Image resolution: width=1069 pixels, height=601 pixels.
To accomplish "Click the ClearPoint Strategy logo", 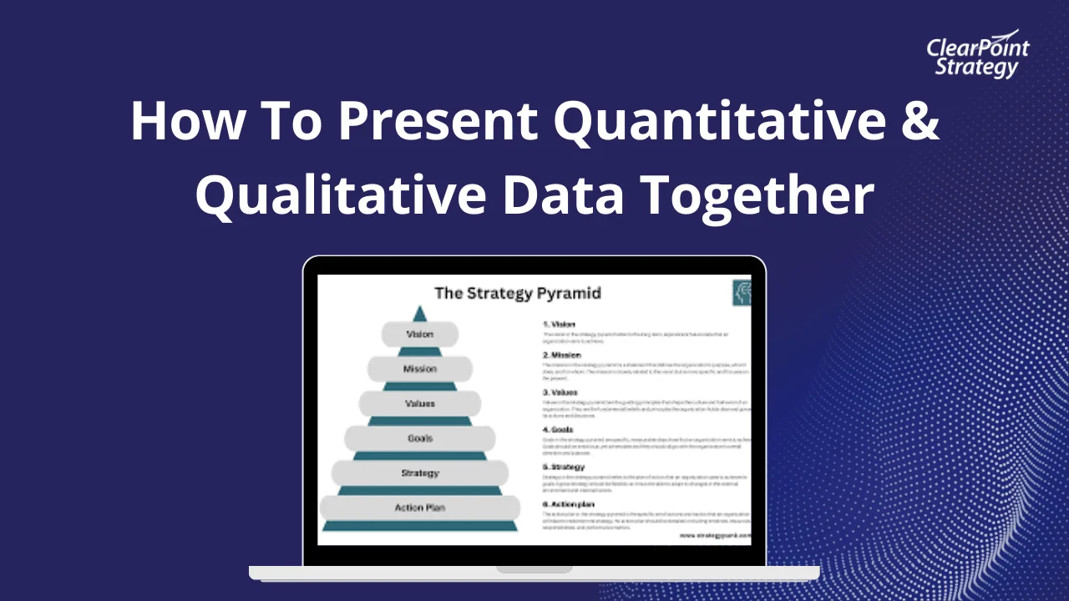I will point(977,56).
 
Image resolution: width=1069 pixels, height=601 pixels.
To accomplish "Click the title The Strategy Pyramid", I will point(518,293).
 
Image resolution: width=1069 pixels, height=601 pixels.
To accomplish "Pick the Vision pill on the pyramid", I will point(419,334).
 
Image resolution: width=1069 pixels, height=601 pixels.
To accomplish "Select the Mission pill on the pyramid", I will point(419,369).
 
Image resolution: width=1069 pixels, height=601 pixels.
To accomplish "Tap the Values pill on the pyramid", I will point(419,404).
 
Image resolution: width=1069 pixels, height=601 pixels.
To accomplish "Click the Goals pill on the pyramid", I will point(419,438).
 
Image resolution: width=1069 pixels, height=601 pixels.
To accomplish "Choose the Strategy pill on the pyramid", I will point(419,473).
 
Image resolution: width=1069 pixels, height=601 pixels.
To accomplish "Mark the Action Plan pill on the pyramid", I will point(419,508).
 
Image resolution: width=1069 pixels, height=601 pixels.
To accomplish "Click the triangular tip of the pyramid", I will point(419,314).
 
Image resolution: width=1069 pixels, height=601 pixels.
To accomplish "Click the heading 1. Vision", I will point(560,324).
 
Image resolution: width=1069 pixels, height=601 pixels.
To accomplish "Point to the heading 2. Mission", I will point(562,355).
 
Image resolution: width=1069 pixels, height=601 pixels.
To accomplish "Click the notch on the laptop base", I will point(534,569).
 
